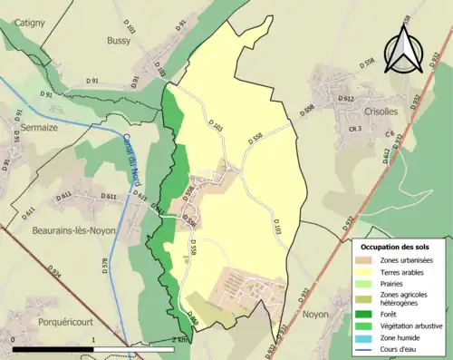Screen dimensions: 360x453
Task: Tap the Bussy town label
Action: [x=118, y=41]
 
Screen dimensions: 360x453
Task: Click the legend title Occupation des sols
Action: [x=395, y=247]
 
